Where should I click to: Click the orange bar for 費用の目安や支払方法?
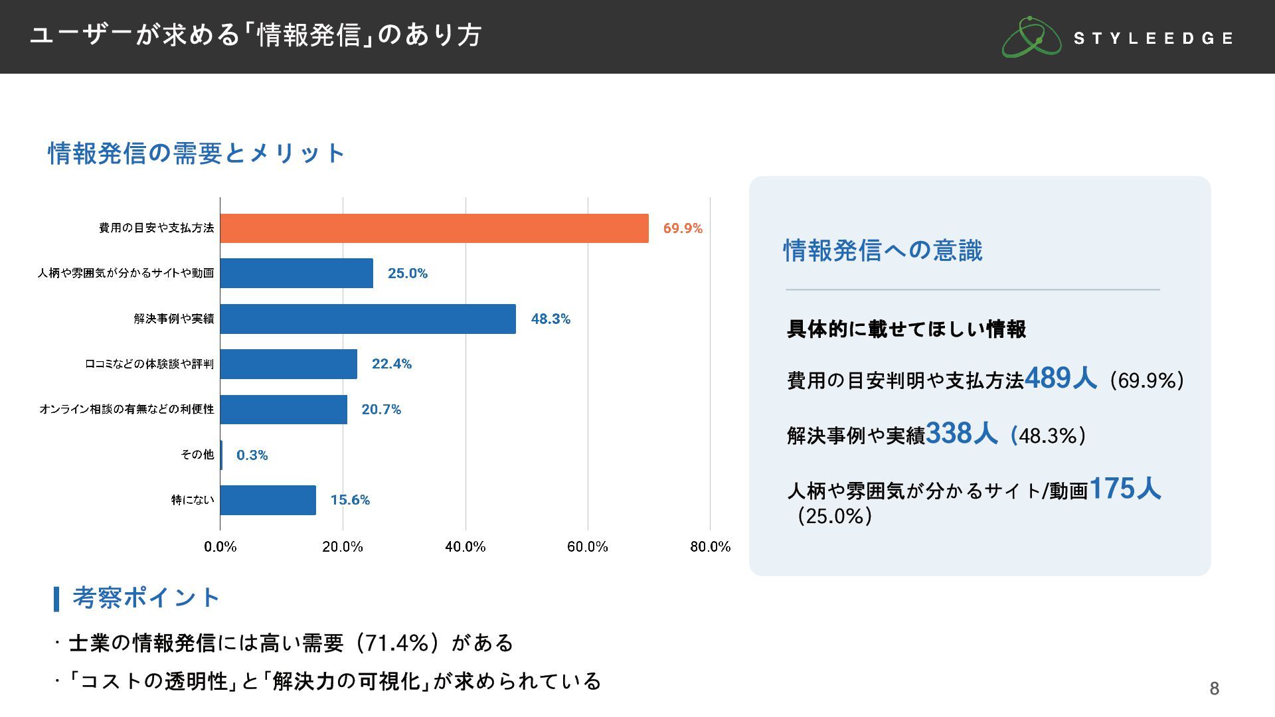tap(434, 228)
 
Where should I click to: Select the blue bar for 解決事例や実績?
tap(368, 319)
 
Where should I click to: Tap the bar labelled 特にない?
tap(268, 500)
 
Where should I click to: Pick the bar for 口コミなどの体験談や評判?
tap(288, 364)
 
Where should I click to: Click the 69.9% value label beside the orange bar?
tap(683, 228)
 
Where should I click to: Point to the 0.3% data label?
tap(252, 455)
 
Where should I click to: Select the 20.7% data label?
tap(381, 410)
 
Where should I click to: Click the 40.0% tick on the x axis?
tap(465, 546)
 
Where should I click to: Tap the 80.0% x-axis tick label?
tap(710, 546)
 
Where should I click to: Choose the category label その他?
tap(197, 454)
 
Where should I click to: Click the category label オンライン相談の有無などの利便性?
tap(127, 409)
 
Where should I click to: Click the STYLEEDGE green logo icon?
tap(1031, 37)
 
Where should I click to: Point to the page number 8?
tap(1214, 688)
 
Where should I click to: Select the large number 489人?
tap(1060, 378)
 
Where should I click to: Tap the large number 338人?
tap(961, 434)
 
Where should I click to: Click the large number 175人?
tap(1125, 489)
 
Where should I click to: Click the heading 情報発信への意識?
tap(883, 250)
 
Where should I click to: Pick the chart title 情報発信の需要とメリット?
tap(197, 153)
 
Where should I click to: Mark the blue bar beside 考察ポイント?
tap(56, 598)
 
